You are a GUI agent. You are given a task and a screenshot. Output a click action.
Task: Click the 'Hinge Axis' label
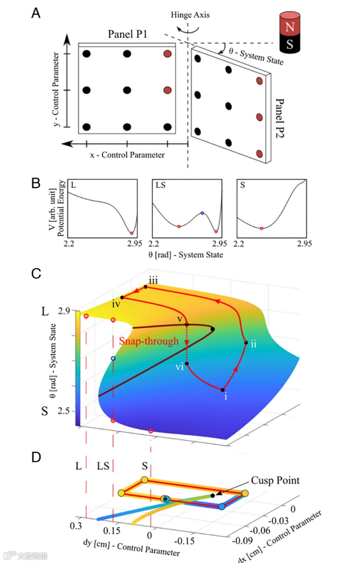click(190, 15)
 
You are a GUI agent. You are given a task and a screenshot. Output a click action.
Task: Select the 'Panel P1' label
click(127, 34)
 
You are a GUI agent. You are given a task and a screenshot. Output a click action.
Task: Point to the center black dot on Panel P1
click(127, 90)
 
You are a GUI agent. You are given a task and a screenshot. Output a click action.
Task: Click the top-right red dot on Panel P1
click(167, 54)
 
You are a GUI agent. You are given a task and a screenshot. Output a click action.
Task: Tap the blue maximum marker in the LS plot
click(202, 213)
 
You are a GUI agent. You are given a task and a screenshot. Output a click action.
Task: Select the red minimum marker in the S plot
click(262, 228)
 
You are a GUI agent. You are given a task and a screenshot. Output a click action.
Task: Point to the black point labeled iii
click(146, 286)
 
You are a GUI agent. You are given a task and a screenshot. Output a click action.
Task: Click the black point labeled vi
click(187, 363)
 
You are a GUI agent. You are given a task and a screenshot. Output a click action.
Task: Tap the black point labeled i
click(223, 390)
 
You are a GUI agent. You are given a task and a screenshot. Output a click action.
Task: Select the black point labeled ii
click(246, 343)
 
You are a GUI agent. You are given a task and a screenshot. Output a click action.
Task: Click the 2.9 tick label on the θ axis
click(64, 311)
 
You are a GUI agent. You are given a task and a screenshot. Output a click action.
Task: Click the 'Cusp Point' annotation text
click(276, 481)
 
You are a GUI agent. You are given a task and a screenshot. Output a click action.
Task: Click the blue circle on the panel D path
click(222, 506)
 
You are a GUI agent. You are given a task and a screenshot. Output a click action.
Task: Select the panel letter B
click(36, 183)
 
